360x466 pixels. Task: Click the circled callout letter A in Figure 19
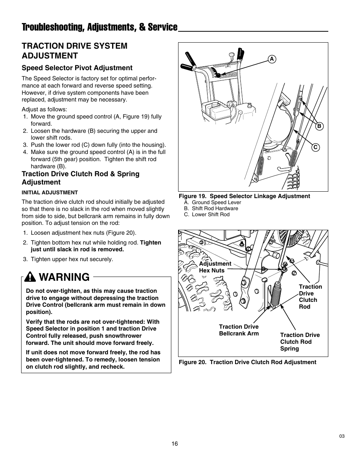pos(271,59)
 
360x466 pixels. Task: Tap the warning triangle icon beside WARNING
pos(30,278)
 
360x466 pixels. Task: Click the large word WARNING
pos(64,277)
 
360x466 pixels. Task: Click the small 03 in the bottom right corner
pos(342,436)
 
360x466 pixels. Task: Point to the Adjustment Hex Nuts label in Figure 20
pos(215,267)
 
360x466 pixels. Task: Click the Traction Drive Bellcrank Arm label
pos(239,330)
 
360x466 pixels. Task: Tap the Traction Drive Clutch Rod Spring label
pos(300,342)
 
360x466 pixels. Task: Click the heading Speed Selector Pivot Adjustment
pos(77,68)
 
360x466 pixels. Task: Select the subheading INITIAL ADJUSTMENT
pos(49,192)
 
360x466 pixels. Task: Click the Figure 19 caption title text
pos(244,196)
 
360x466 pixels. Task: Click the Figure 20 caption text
pos(247,362)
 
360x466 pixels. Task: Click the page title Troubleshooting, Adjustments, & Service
pos(99,27)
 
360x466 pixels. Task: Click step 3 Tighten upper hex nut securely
pos(72,259)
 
